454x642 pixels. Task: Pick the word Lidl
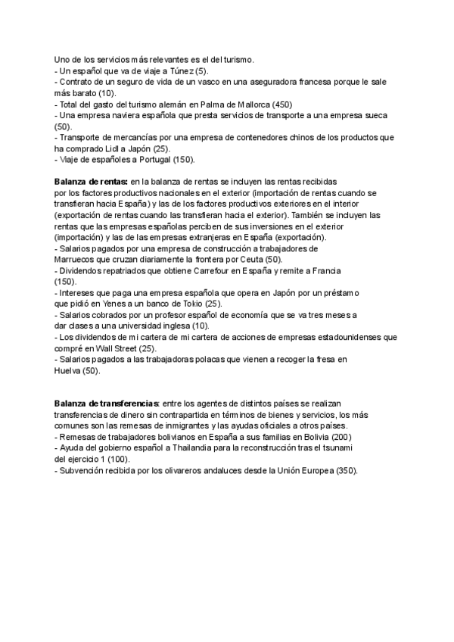click(120, 149)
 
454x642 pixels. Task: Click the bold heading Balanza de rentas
click(90, 182)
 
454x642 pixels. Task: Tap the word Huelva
click(67, 371)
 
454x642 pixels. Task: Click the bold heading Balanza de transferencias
click(107, 404)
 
